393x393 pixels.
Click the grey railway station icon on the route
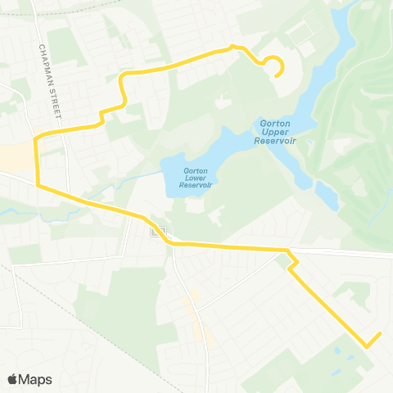[x=156, y=231]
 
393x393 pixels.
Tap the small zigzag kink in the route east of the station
[x=292, y=260]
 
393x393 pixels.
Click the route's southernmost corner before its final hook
[x=365, y=346]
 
